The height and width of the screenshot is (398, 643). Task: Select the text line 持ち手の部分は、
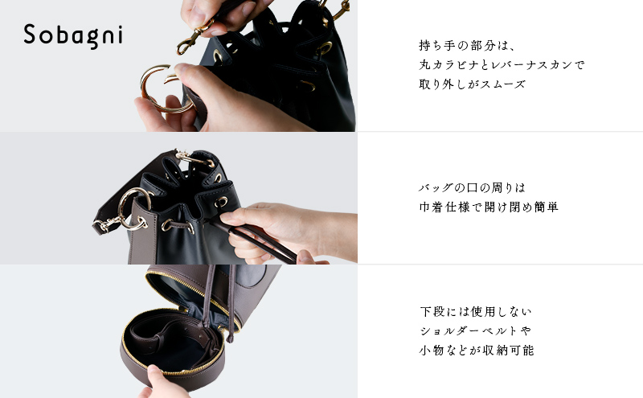coord(461,45)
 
